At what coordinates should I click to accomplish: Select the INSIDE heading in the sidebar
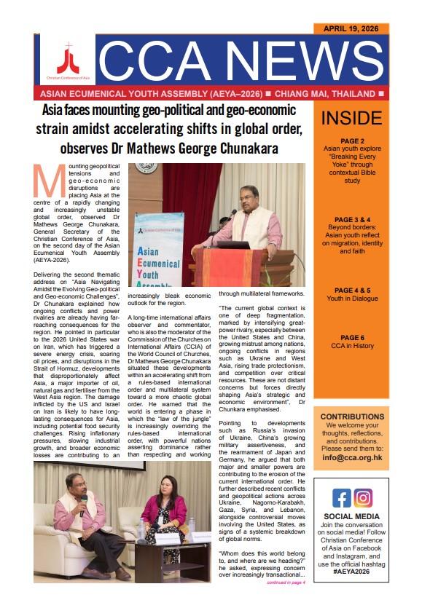[x=351, y=118]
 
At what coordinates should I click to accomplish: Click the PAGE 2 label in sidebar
[x=351, y=141]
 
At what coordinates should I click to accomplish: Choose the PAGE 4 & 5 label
[x=351, y=290]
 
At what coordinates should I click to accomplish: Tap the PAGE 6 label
[x=351, y=338]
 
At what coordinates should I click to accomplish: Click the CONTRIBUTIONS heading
[x=351, y=416]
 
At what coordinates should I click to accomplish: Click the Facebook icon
[x=341, y=498]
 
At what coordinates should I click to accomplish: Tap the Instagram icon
[x=363, y=498]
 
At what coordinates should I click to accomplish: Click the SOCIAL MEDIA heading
[x=351, y=516]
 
